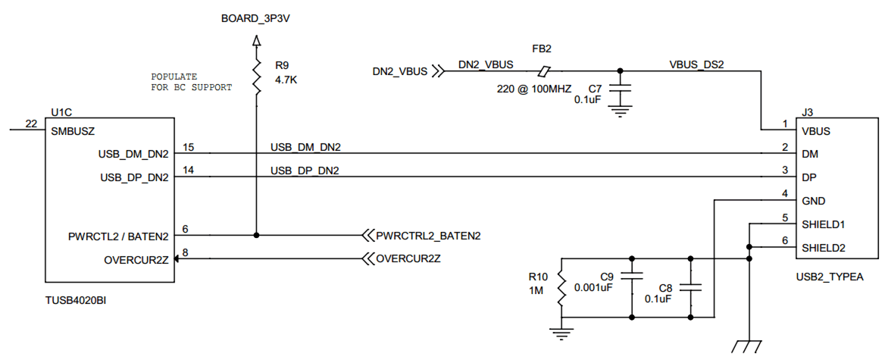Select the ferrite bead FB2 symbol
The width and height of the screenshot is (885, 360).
coord(543,72)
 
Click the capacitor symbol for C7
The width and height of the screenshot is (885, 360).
coord(621,89)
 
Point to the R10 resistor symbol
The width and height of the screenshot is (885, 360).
coord(561,287)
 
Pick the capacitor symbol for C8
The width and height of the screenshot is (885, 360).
coord(690,287)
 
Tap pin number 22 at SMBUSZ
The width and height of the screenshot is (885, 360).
coord(30,124)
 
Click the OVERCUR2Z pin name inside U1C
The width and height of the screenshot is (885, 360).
coord(136,261)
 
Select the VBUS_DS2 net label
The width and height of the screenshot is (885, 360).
coord(697,64)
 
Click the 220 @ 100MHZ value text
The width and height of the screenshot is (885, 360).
coord(533,89)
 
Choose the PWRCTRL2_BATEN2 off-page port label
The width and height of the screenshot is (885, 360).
coord(428,236)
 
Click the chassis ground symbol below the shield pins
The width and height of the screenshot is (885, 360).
coord(749,345)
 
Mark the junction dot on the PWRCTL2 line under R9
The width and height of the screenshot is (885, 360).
coord(256,235)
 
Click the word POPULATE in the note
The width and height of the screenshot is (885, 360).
coord(174,77)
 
